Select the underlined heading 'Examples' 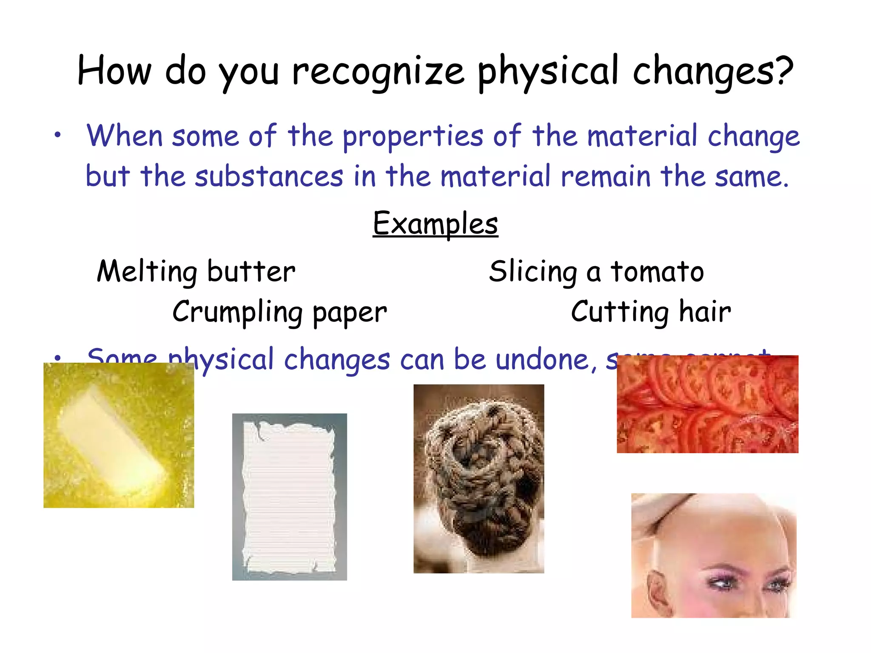435,224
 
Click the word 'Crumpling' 237,312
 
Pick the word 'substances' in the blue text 269,176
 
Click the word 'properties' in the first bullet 413,136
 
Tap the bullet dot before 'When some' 58,135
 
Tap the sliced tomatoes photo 707,404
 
